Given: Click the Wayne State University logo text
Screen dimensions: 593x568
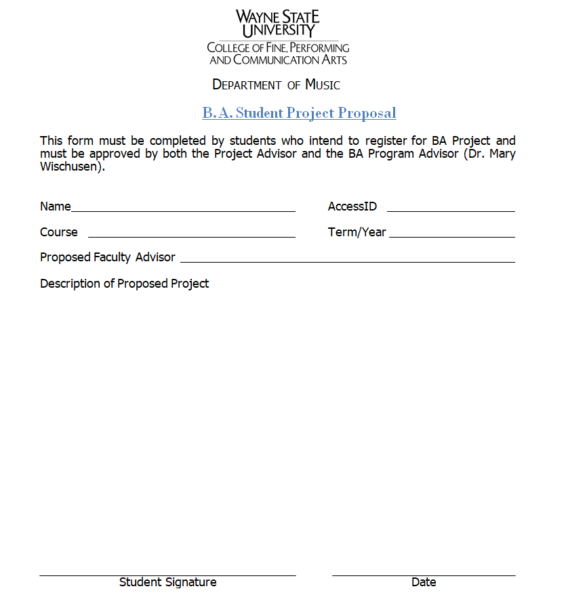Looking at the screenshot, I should click(x=278, y=24).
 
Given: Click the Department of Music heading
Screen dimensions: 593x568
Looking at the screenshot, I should click(x=276, y=85).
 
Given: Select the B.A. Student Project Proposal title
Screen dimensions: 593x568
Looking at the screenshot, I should click(x=299, y=112).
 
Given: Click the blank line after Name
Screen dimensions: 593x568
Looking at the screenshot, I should click(x=183, y=210).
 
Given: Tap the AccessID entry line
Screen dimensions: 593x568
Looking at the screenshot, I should click(x=451, y=210).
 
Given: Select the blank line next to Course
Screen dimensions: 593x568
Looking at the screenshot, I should click(x=192, y=236).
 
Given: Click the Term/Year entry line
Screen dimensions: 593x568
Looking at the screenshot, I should click(x=452, y=236).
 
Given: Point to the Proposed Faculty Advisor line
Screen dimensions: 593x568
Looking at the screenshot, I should click(x=347, y=261).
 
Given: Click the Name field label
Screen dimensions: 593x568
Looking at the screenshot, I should click(x=56, y=206).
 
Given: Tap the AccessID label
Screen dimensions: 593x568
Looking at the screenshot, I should click(x=352, y=206).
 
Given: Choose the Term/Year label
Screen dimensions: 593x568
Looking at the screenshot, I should click(x=357, y=232).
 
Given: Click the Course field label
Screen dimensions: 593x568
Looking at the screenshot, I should click(x=59, y=232).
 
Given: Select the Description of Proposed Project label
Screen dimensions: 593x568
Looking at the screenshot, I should click(x=125, y=284).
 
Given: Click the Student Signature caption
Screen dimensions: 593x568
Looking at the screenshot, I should click(x=168, y=582).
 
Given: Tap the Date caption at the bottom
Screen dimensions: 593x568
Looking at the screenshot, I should click(x=424, y=582).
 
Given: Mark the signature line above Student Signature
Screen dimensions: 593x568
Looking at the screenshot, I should click(x=167, y=575).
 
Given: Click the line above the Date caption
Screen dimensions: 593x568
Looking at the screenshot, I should click(x=424, y=575).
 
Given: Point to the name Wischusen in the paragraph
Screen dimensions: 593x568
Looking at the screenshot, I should click(x=71, y=167).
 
